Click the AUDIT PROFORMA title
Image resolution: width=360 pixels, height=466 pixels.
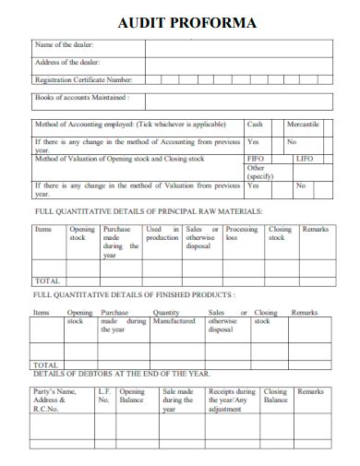tap(187, 23)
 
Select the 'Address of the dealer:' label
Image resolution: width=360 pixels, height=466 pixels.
tap(67, 62)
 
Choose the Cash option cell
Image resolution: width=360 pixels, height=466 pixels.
tap(255, 124)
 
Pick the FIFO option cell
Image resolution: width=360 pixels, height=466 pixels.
tap(257, 159)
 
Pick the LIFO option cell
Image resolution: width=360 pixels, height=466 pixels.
tap(304, 159)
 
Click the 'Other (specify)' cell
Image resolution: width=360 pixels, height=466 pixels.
tap(258, 173)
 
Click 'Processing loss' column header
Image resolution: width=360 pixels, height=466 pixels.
tap(242, 233)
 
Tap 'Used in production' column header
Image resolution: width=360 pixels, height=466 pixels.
tap(162, 233)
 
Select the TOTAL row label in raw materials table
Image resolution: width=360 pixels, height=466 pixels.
tap(47, 281)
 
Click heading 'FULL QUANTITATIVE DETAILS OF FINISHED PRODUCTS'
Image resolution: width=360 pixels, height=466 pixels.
tap(134, 294)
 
